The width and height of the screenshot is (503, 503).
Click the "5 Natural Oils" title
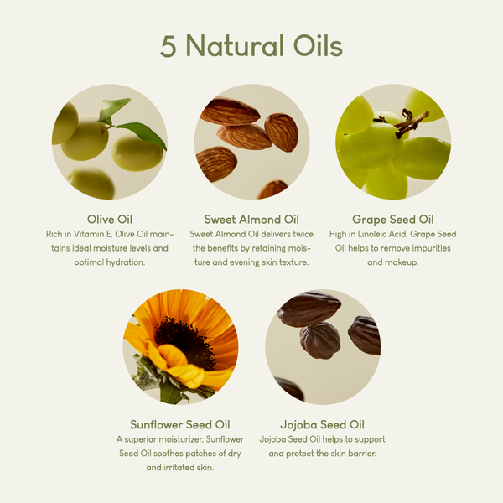click(x=251, y=46)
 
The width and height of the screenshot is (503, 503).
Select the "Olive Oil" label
click(x=110, y=220)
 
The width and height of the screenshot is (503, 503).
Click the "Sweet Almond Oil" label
click(x=251, y=220)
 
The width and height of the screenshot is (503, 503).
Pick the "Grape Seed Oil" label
click(x=393, y=220)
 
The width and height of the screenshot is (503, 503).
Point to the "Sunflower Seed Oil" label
click(x=180, y=424)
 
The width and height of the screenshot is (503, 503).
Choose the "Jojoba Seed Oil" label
click(x=323, y=424)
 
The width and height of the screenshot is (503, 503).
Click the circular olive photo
click(x=110, y=142)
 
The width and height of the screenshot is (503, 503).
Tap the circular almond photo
click(x=251, y=142)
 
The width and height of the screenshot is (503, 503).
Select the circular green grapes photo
click(x=393, y=142)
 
